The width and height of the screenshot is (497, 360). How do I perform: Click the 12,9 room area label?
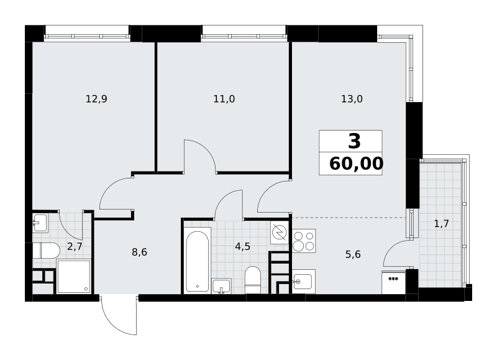click(96, 99)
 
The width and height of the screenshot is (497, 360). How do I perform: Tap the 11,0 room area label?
click(224, 99)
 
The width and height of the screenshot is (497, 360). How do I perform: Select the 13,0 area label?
click(352, 99)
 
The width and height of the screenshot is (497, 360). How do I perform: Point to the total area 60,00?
click(356, 164)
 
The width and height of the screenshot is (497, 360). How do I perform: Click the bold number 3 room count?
click(354, 141)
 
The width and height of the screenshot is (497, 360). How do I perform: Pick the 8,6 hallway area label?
click(139, 252)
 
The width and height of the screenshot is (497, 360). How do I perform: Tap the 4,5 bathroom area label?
click(243, 246)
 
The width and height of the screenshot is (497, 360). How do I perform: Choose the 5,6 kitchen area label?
click(353, 254)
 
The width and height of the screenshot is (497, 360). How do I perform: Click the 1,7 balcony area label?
click(441, 224)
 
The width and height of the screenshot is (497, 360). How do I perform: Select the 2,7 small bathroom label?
click(75, 246)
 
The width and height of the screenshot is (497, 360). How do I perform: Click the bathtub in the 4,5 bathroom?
click(198, 261)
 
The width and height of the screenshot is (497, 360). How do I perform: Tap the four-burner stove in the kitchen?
click(304, 241)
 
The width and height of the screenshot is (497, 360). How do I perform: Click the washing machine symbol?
click(280, 232)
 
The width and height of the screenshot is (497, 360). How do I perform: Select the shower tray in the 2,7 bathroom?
click(74, 276)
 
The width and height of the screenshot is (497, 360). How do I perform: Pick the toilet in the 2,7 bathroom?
click(46, 251)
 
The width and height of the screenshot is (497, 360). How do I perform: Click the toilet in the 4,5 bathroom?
click(253, 280)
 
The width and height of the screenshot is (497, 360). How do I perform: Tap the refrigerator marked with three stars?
click(393, 282)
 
